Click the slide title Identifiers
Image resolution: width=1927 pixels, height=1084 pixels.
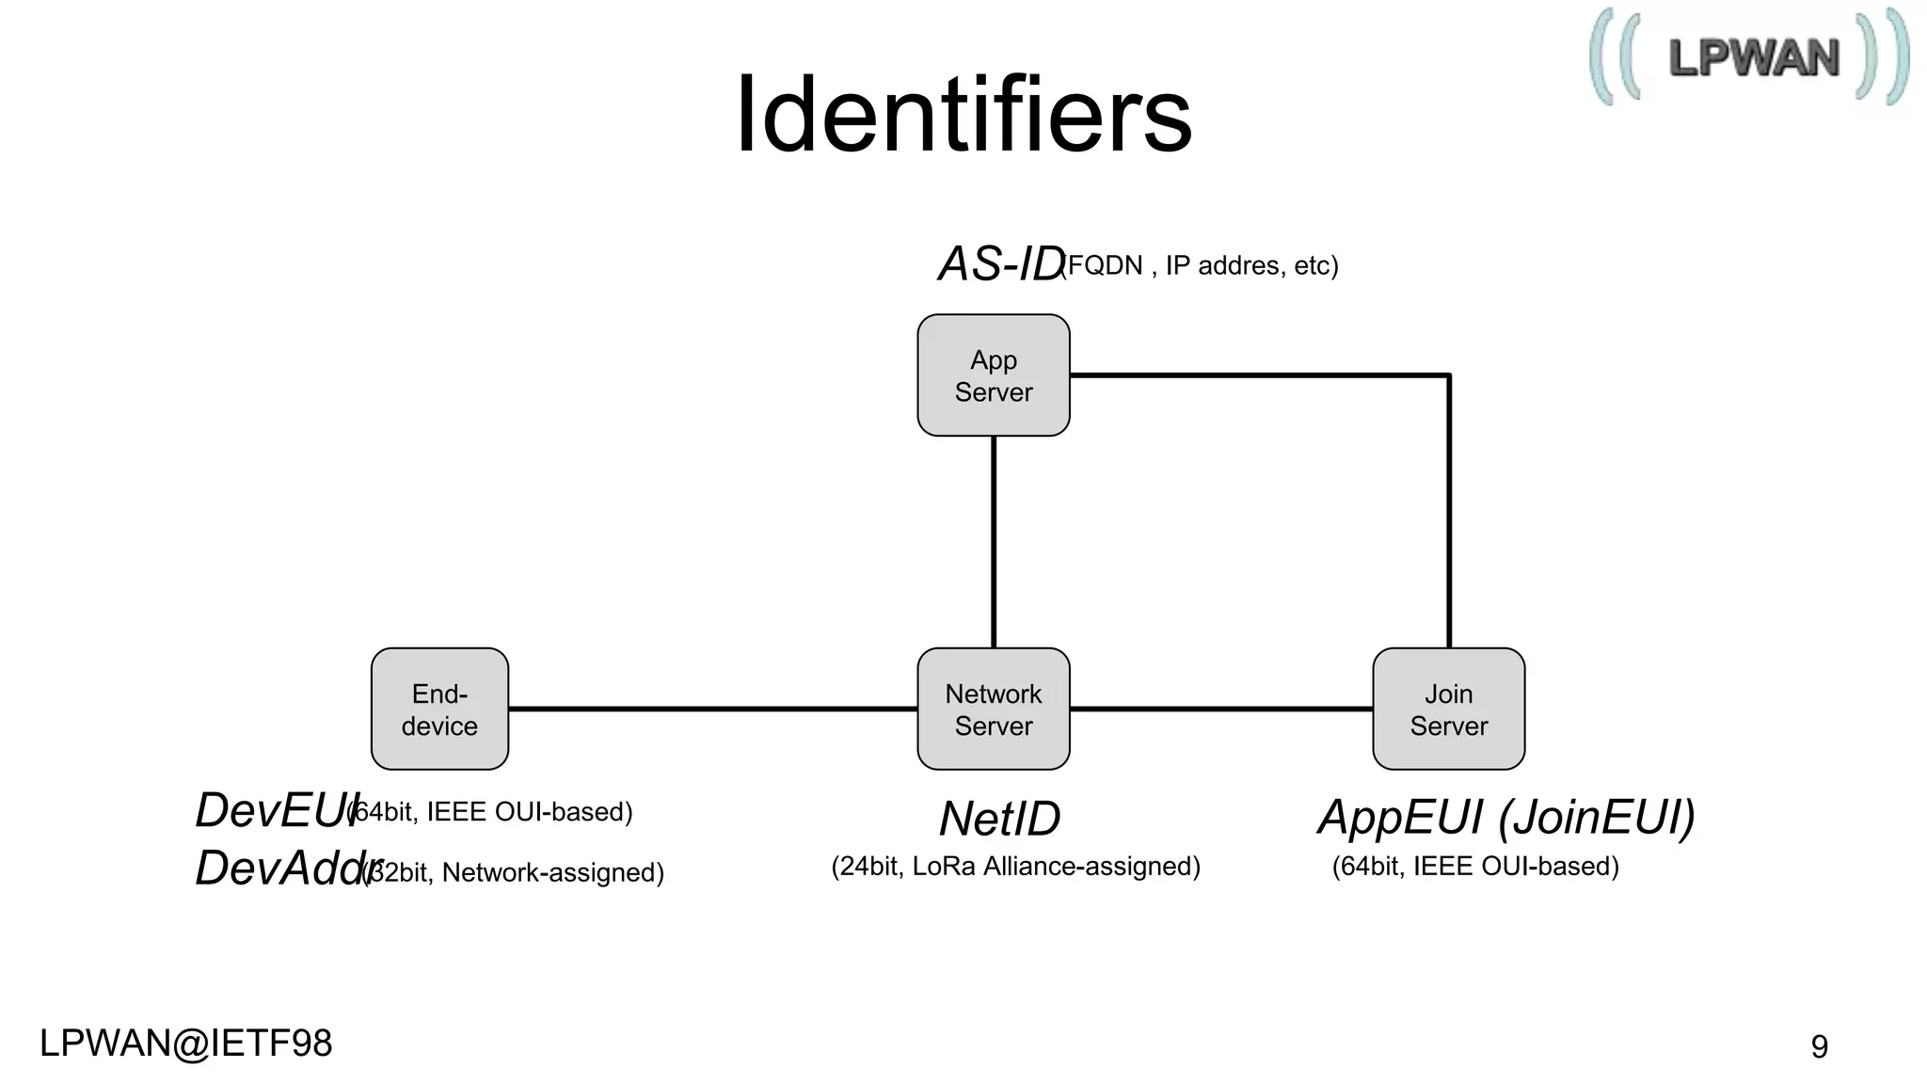(963, 115)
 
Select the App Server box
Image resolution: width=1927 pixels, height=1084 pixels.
(994, 375)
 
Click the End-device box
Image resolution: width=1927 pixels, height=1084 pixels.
(439, 709)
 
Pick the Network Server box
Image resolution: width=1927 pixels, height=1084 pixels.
(994, 709)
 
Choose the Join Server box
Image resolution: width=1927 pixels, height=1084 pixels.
(1448, 709)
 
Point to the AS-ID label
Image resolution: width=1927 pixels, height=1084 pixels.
(1000, 263)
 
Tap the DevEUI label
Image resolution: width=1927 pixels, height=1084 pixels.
(273, 810)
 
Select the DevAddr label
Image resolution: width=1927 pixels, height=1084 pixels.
(282, 868)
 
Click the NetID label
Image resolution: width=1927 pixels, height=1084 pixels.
(999, 819)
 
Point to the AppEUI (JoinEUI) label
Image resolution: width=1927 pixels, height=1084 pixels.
(1506, 817)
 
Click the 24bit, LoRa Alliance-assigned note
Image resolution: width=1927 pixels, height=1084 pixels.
(1015, 867)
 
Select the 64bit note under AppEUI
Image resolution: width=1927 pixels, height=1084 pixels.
(1475, 867)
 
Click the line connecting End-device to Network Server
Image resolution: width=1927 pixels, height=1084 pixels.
(712, 709)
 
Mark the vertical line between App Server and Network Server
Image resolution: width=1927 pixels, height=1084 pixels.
(994, 541)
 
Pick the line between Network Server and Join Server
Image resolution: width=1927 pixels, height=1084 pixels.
(1220, 709)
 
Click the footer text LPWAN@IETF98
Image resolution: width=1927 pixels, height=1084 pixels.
(186, 1044)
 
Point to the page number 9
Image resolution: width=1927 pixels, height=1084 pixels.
(1819, 1046)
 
